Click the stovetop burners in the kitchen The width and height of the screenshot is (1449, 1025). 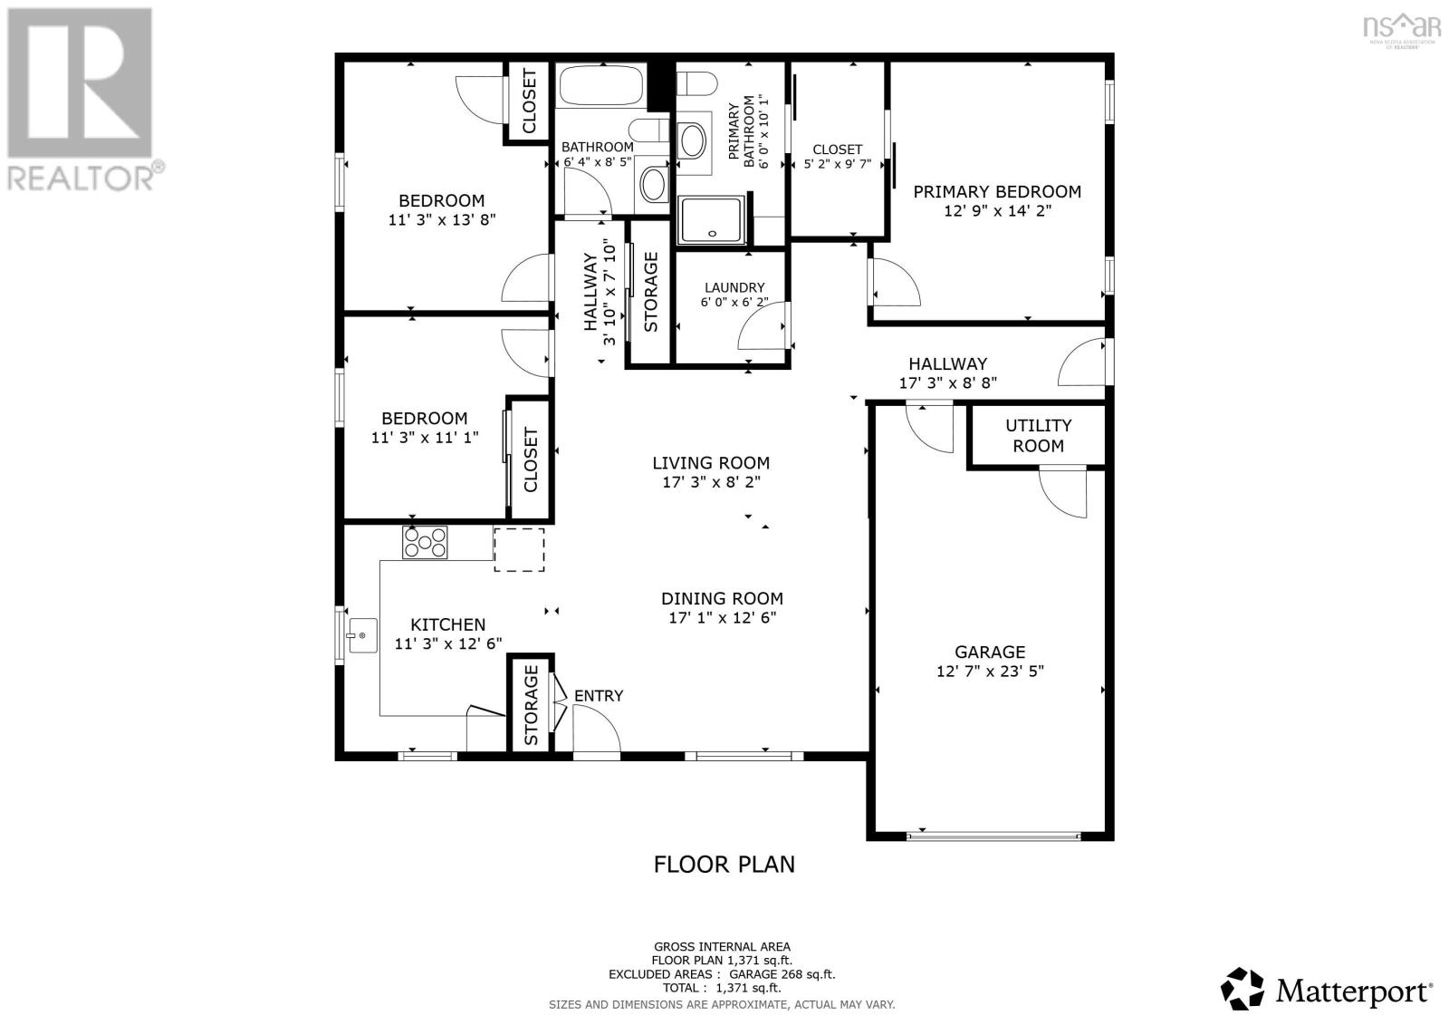tap(425, 542)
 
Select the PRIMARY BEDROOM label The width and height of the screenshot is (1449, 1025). tap(996, 191)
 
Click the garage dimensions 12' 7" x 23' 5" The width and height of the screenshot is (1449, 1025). tap(990, 672)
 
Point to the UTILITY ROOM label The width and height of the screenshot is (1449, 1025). tap(1038, 435)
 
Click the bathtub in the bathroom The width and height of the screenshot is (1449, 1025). tap(600, 85)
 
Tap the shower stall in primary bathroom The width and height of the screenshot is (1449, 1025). tap(712, 221)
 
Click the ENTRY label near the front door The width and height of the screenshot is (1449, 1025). tap(599, 696)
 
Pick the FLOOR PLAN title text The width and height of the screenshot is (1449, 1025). tap(724, 864)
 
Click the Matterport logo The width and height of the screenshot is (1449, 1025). tap(1328, 990)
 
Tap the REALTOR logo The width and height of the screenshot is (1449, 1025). tap(82, 100)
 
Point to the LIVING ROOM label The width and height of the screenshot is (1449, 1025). tap(711, 463)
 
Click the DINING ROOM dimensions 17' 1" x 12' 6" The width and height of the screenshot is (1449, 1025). tap(722, 618)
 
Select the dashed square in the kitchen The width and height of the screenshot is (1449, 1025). tap(519, 549)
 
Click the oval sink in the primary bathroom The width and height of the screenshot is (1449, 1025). tap(693, 141)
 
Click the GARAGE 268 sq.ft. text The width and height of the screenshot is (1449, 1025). tap(776, 974)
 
